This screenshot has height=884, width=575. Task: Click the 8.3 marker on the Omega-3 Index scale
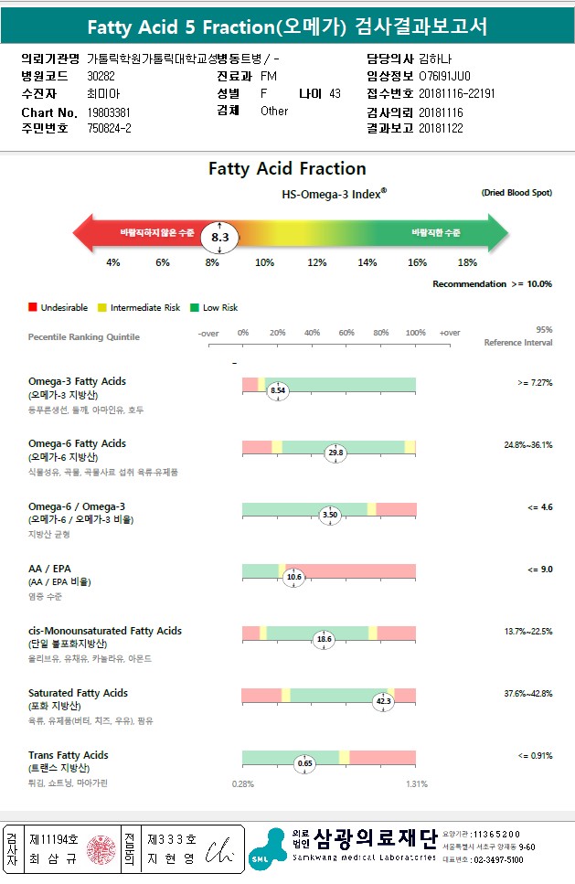click(x=219, y=236)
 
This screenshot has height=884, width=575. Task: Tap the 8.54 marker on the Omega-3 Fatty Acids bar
click(x=278, y=390)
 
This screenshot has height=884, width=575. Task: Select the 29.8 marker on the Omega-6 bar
click(x=335, y=453)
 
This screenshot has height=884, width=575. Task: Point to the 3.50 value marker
click(x=330, y=515)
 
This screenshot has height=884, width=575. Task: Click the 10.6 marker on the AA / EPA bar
click(x=293, y=577)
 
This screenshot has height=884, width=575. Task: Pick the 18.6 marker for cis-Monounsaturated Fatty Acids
click(x=323, y=640)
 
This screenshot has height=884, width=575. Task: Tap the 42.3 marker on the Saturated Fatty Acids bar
click(x=383, y=701)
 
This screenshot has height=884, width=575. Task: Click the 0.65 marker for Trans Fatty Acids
click(x=305, y=763)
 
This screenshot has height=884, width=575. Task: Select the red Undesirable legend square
click(x=33, y=308)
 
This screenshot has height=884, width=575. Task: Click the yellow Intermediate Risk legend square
click(x=102, y=308)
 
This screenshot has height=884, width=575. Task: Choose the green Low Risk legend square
click(x=195, y=308)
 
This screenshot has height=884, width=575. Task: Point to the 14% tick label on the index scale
click(x=367, y=263)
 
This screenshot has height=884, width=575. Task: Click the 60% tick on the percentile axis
click(x=346, y=333)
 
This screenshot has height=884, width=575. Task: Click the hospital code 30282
click(x=101, y=76)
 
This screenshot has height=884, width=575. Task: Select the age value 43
click(x=335, y=93)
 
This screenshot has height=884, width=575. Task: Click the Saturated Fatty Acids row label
click(x=78, y=693)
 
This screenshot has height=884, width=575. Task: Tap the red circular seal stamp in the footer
click(x=102, y=848)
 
